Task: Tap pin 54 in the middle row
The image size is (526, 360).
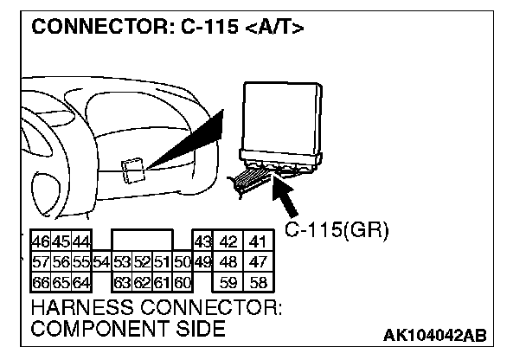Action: point(101,261)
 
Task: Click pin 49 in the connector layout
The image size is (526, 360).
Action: point(202,261)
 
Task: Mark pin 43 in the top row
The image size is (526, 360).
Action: point(202,241)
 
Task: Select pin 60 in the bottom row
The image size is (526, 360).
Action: point(183,281)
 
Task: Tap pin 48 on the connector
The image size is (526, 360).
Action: point(228,261)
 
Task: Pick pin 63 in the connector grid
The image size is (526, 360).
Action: point(122,281)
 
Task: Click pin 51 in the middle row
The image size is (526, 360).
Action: point(162,261)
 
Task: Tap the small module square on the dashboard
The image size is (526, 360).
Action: point(133,170)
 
